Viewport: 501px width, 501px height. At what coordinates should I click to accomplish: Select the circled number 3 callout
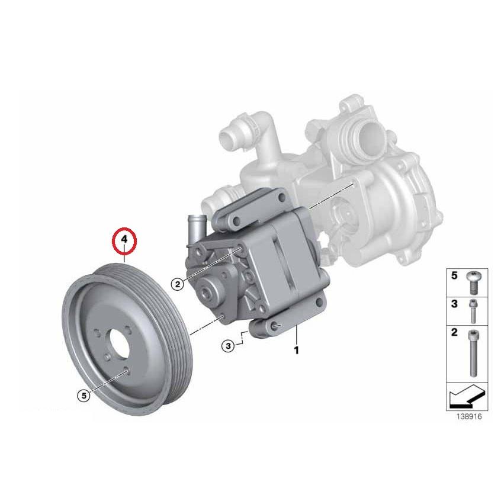[x=229, y=346]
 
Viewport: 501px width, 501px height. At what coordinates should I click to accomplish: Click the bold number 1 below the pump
[x=296, y=350]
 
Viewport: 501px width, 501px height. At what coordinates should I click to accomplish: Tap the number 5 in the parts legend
[x=455, y=276]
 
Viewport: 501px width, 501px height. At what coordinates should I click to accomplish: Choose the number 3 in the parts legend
[x=455, y=303]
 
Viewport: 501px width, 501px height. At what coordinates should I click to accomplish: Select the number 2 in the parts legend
[x=455, y=332]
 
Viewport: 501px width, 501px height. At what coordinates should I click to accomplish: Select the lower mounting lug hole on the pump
[x=276, y=325]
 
